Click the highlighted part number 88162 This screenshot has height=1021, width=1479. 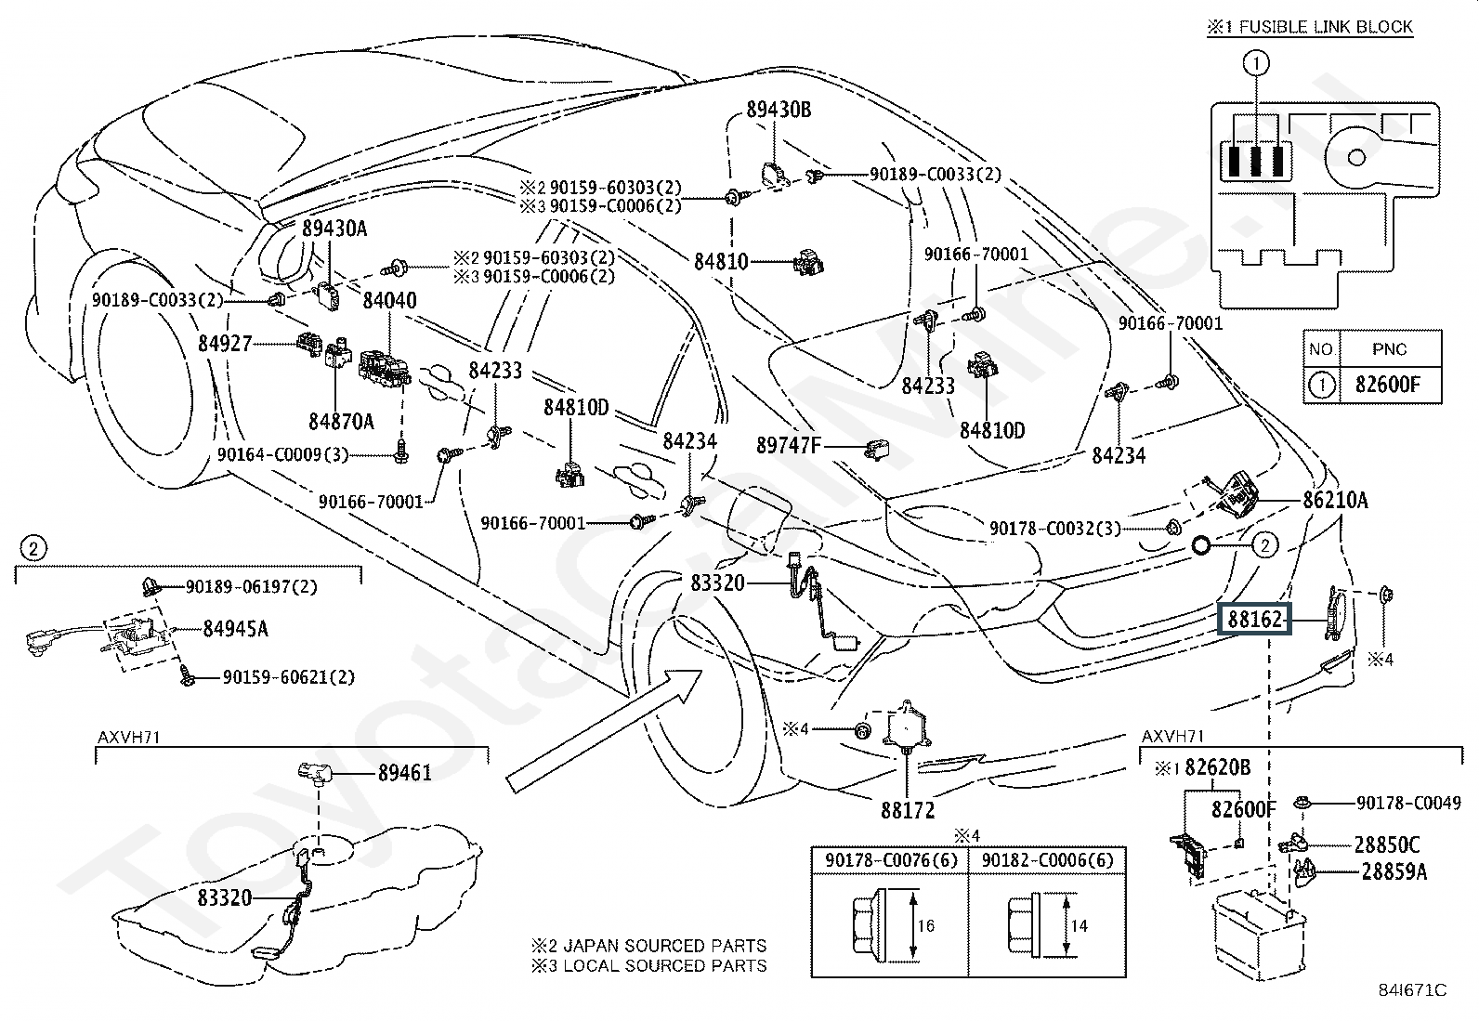(x=1255, y=620)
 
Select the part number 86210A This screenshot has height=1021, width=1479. (x=1335, y=501)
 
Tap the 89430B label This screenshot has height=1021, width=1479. (x=779, y=111)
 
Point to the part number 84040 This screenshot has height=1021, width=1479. (x=389, y=301)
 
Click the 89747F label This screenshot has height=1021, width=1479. (x=789, y=446)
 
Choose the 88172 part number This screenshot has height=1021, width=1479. (x=908, y=811)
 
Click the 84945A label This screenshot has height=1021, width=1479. (x=235, y=629)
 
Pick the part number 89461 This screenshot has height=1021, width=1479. (x=404, y=773)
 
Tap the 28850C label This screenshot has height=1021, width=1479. (x=1386, y=845)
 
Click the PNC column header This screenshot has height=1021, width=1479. (x=1389, y=349)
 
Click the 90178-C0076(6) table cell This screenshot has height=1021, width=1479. (x=889, y=860)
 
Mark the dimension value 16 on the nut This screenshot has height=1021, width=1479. (x=925, y=925)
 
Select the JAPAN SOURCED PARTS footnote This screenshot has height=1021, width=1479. (x=648, y=946)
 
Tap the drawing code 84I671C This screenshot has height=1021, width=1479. (x=1412, y=990)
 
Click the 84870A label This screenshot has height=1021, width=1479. (x=341, y=422)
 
